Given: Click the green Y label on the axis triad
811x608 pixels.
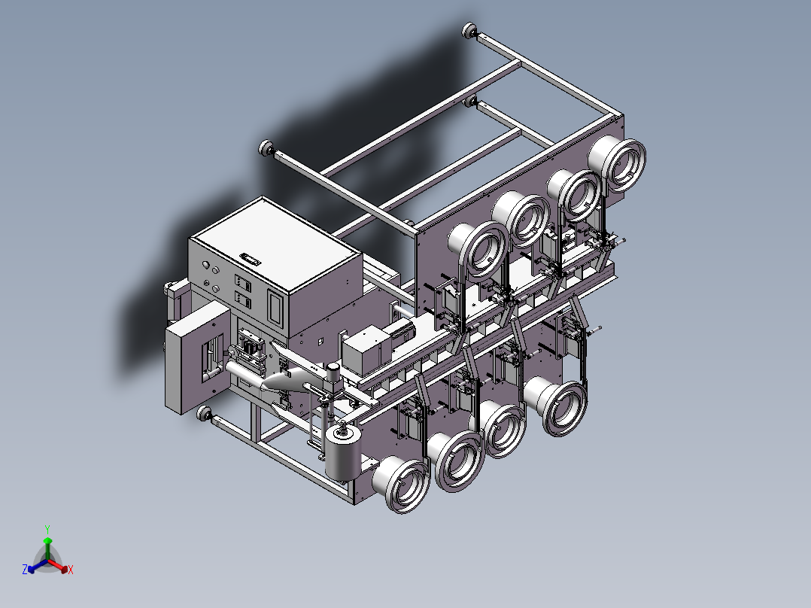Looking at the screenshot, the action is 47,529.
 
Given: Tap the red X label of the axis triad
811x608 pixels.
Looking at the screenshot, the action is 71,570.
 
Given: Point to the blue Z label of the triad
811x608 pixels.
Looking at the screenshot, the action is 25,570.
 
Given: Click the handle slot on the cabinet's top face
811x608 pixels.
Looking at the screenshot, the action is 250,258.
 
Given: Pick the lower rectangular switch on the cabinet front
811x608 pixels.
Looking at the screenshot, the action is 242,299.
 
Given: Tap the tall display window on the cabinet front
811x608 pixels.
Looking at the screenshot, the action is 275,309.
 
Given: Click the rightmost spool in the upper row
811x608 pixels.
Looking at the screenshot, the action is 618,164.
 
